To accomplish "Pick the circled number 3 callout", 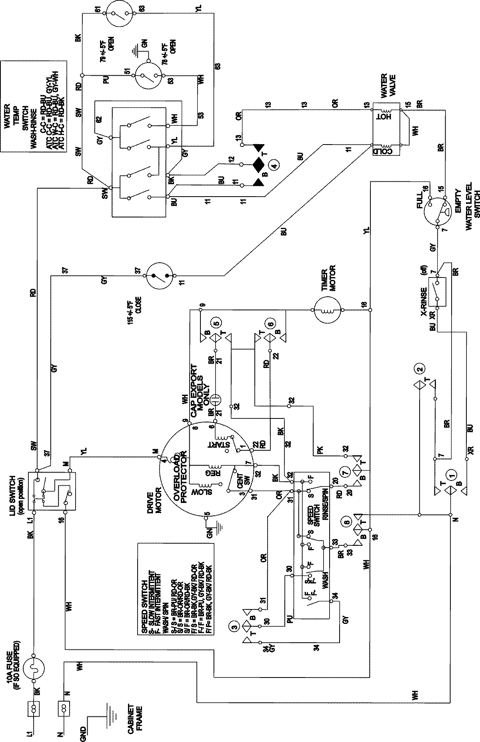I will pos(234,623).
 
